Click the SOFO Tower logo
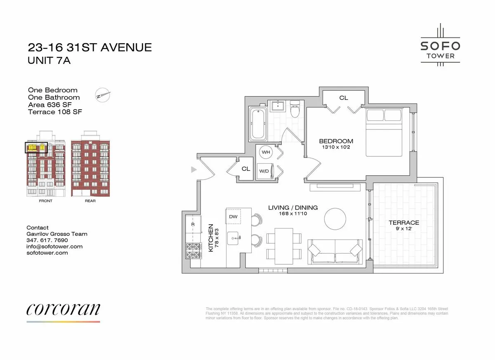(x=440, y=45)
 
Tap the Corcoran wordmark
(x=63, y=309)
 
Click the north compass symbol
(x=103, y=95)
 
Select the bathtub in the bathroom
(x=257, y=123)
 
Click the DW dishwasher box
(x=233, y=216)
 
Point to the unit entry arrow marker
(x=193, y=169)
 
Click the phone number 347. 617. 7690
(x=47, y=240)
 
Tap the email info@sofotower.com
(x=54, y=247)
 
